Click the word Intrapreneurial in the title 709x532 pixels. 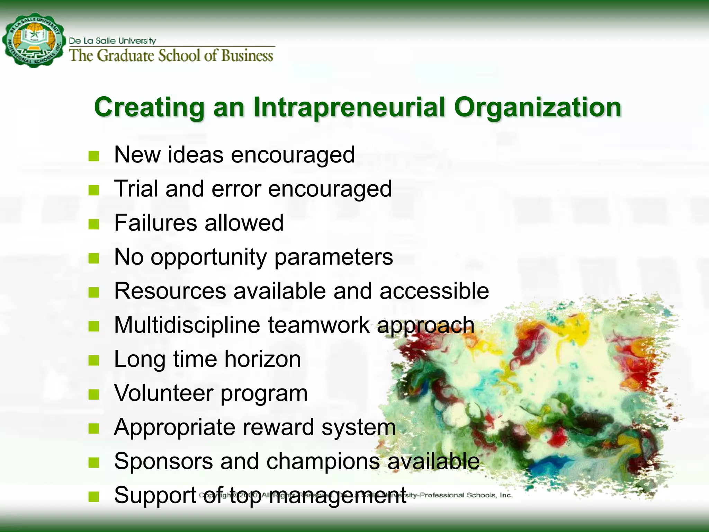[x=349, y=107]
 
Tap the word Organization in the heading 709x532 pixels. [x=538, y=107]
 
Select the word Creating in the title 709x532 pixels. [x=149, y=107]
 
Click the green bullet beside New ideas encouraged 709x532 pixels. [x=93, y=156]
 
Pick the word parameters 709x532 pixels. [x=333, y=257]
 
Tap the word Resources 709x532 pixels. [x=170, y=291]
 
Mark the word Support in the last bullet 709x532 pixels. [x=155, y=495]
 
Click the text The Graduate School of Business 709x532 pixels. [x=171, y=56]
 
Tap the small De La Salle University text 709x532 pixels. [x=113, y=41]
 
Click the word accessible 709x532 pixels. [x=434, y=291]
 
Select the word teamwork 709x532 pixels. [x=318, y=325]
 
